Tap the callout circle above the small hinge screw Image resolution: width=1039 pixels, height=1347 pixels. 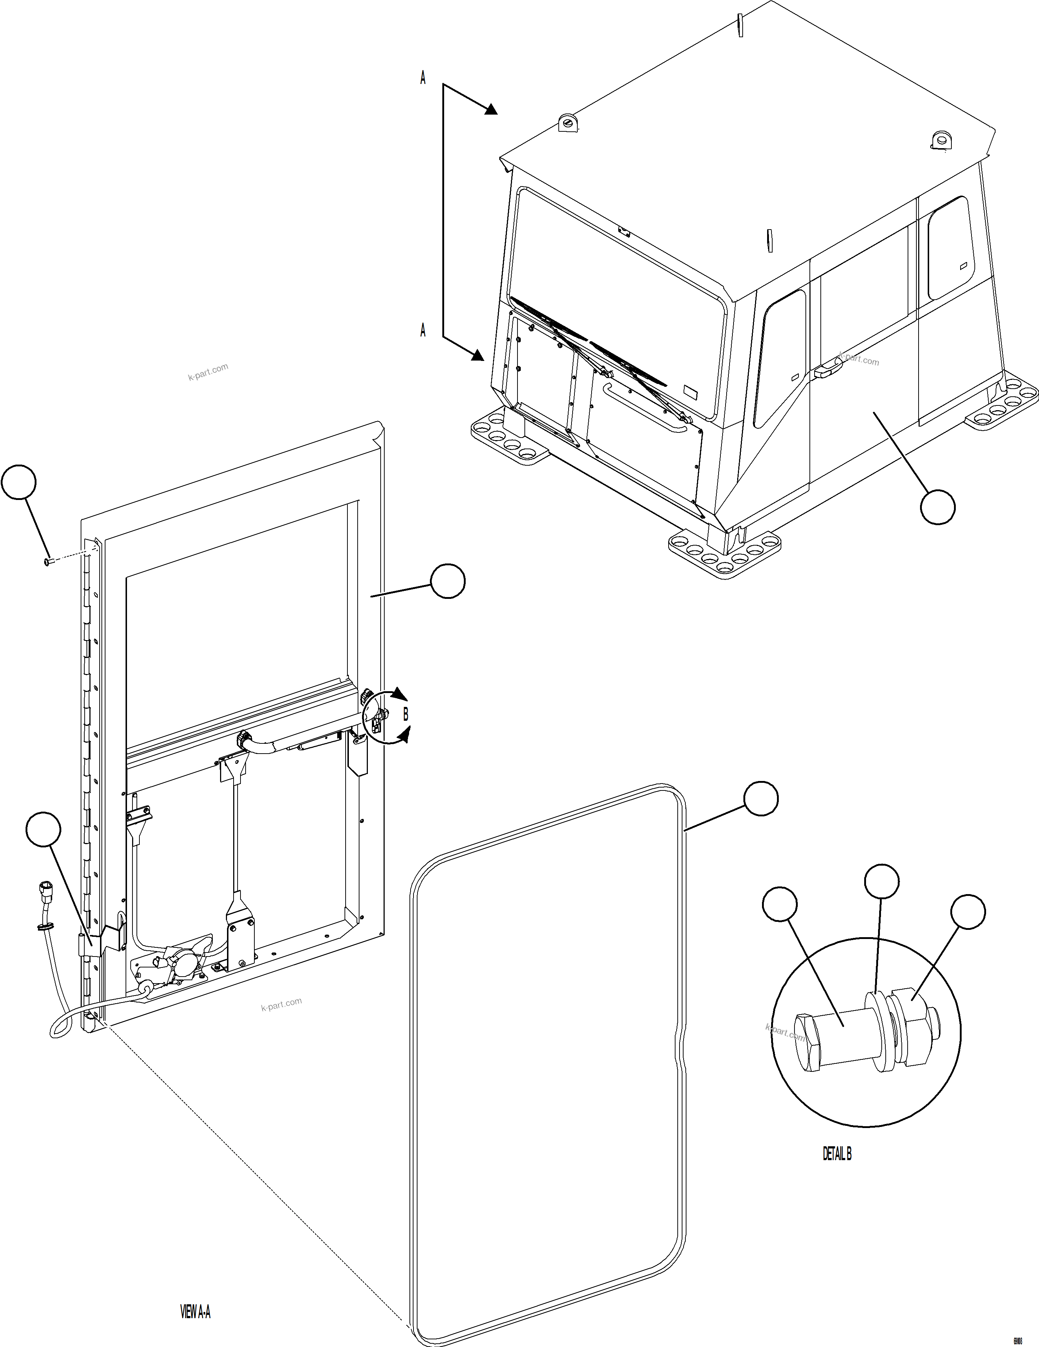(19, 482)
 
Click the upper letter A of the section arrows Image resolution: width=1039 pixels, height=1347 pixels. (423, 78)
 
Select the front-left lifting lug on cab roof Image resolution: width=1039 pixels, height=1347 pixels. (567, 123)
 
